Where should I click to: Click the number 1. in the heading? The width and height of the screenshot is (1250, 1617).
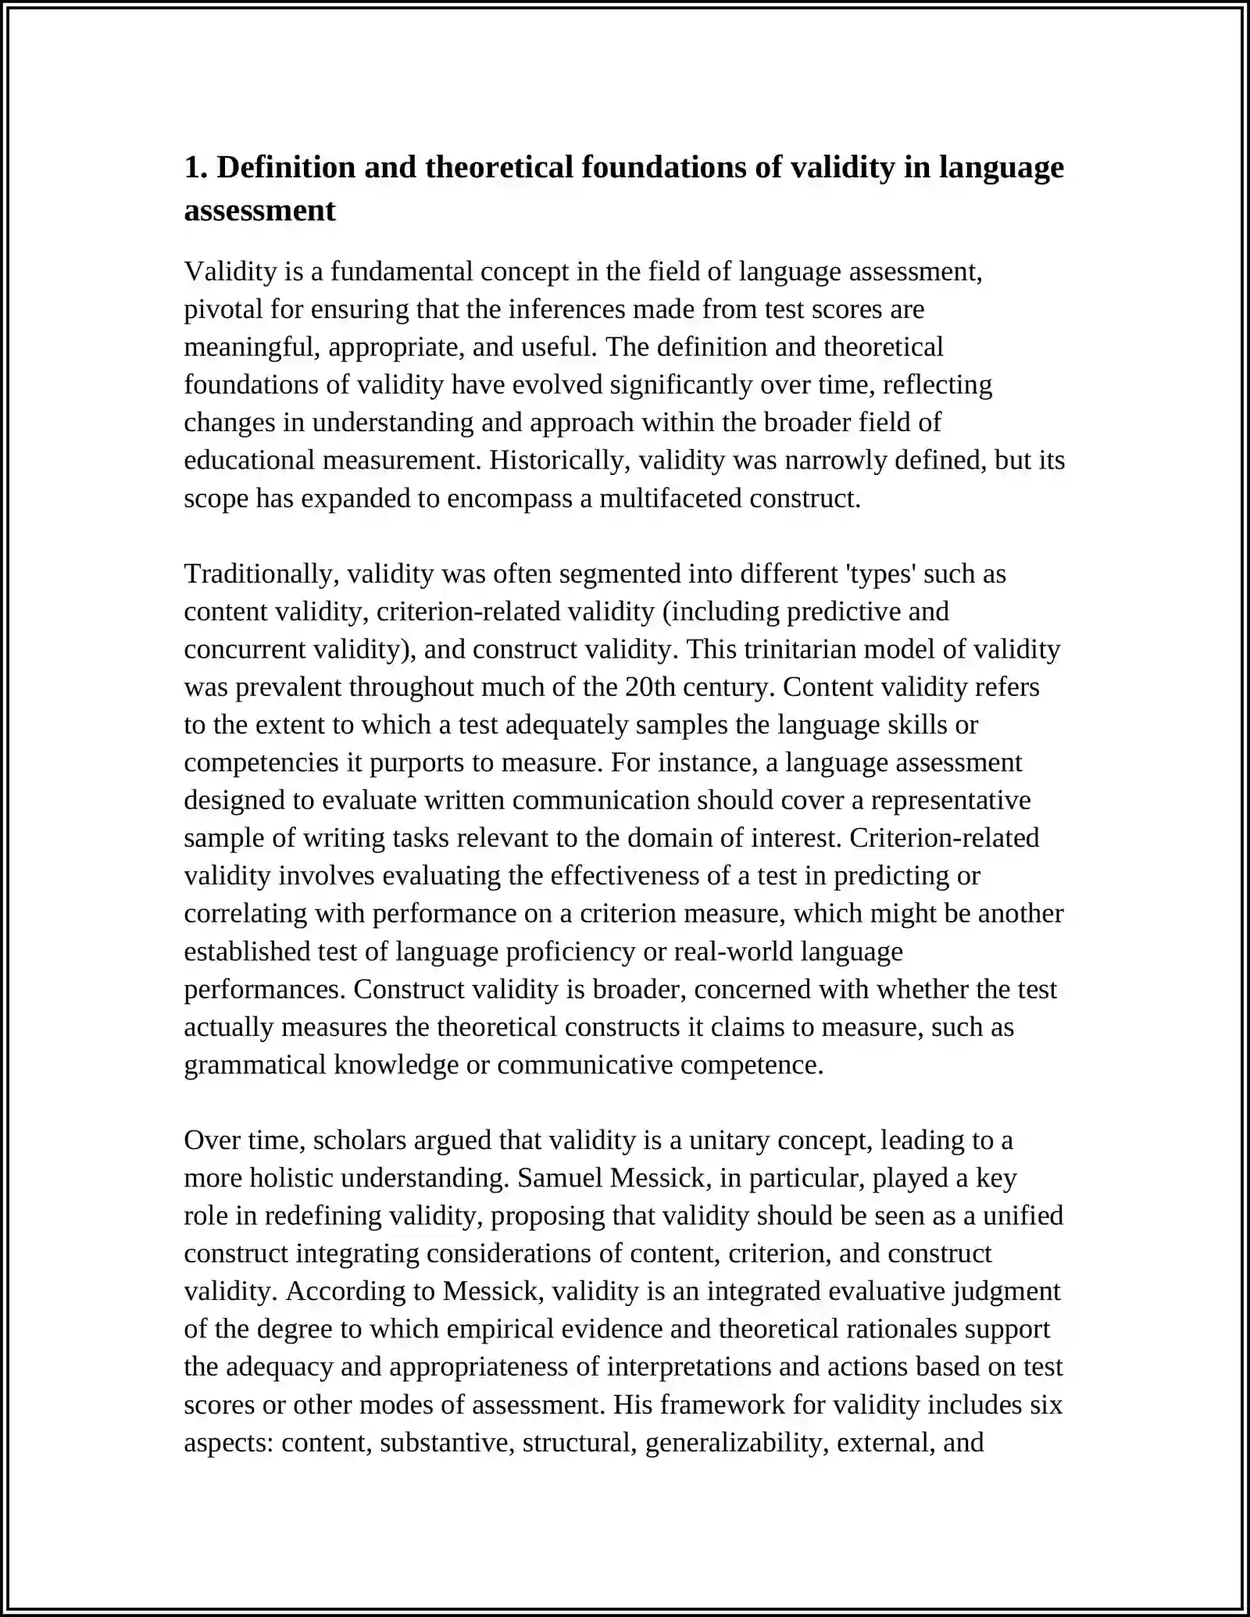coord(195,168)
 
